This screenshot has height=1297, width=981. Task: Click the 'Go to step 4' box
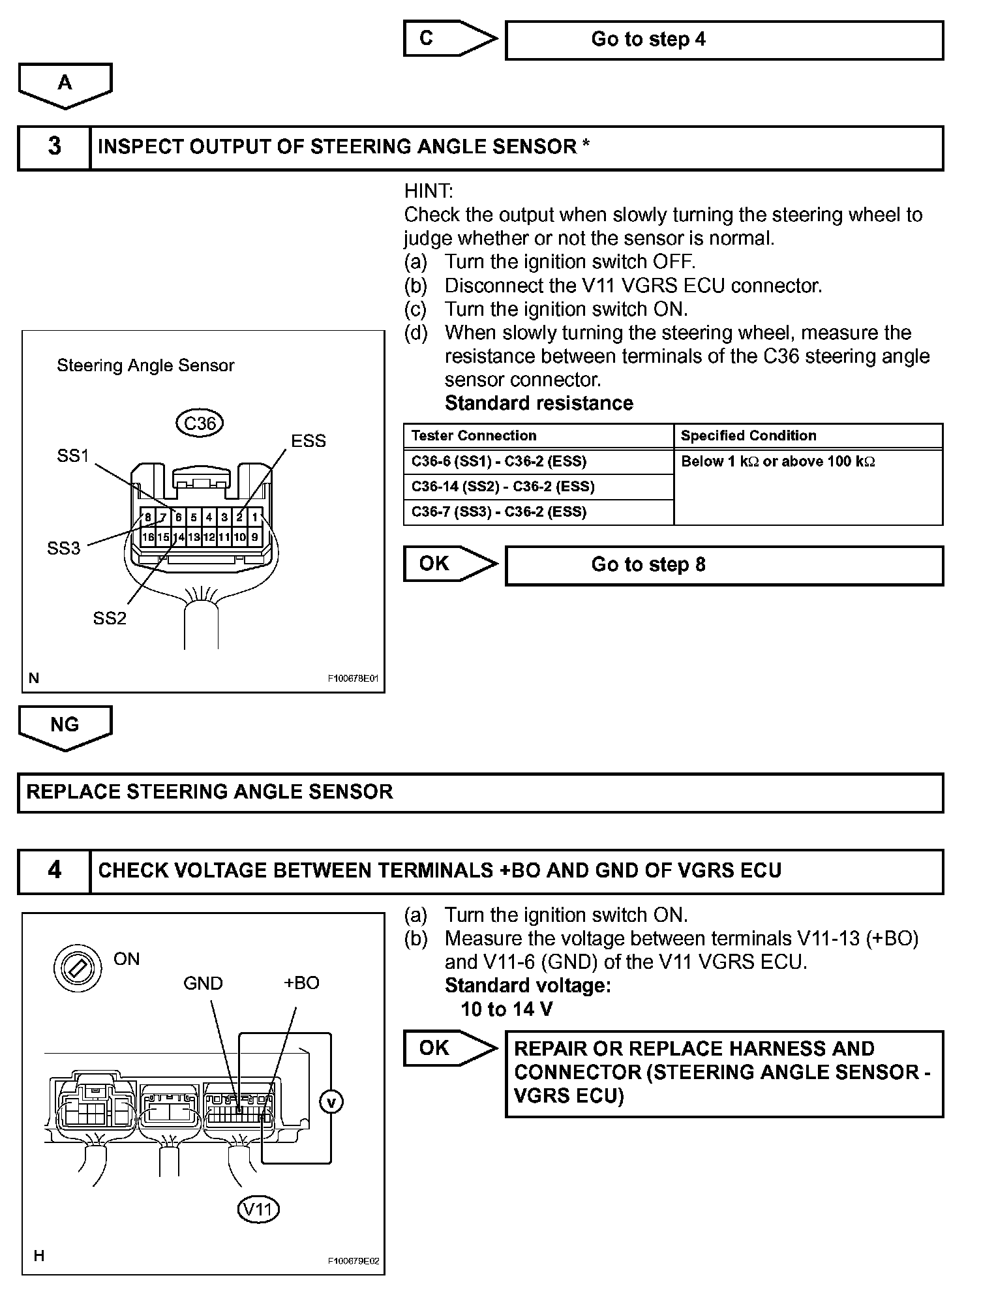[x=724, y=40]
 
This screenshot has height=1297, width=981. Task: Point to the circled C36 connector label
[x=200, y=423]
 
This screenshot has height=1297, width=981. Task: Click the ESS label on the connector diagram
[x=308, y=441]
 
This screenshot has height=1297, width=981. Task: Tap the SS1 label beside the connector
[x=72, y=455]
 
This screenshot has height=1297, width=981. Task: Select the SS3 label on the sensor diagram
[x=63, y=548]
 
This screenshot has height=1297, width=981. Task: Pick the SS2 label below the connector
[x=110, y=618]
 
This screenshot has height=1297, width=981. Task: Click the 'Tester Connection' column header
[x=474, y=436]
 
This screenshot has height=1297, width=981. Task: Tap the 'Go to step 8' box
[x=724, y=565]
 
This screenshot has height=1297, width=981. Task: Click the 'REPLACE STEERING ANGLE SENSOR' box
[x=480, y=793]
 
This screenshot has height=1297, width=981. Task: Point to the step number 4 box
[x=54, y=871]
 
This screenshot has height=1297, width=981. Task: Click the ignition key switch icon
[x=78, y=968]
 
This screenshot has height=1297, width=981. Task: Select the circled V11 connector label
[x=258, y=1209]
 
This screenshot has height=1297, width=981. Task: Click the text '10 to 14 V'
[x=506, y=1009]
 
